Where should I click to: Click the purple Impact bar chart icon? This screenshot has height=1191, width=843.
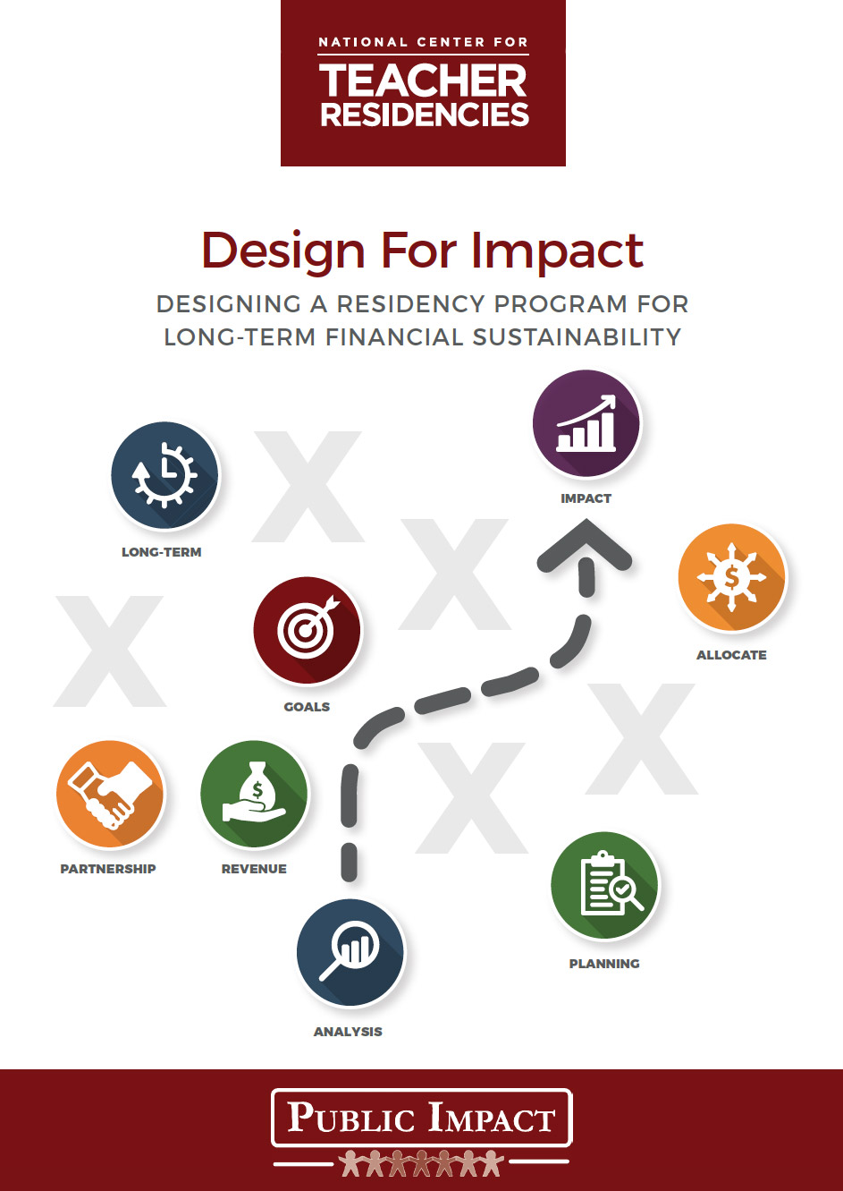(x=586, y=423)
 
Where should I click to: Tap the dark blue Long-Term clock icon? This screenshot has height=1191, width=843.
(x=164, y=475)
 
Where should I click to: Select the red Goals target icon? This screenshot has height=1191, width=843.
(x=307, y=630)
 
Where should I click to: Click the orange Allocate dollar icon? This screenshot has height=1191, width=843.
(x=732, y=577)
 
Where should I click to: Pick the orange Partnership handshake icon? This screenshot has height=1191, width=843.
(x=111, y=794)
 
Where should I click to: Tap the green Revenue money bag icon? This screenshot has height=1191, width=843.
(x=255, y=794)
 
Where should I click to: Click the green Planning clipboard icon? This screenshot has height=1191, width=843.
(x=604, y=885)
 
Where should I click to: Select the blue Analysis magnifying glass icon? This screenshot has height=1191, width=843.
(x=350, y=952)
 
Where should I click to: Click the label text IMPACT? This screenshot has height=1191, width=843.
(x=586, y=498)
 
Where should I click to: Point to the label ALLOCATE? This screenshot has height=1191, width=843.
(x=731, y=654)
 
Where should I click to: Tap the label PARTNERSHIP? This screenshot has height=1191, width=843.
(x=108, y=869)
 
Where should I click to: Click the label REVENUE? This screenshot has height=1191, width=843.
(x=254, y=869)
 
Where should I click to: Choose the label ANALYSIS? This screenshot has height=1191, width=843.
(x=348, y=1032)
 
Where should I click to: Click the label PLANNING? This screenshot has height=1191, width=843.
(x=604, y=964)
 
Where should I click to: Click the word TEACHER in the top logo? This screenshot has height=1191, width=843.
(x=423, y=81)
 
